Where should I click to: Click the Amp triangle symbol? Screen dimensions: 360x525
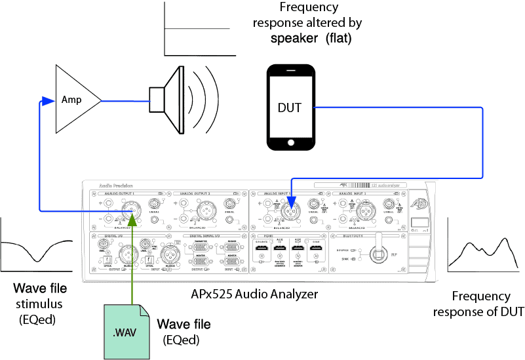point(74,100)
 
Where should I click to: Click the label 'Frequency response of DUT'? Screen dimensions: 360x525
point(485,304)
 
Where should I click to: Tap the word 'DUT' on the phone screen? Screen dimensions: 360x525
point(289,106)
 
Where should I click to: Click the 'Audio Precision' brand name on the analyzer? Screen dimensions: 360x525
point(108,186)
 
